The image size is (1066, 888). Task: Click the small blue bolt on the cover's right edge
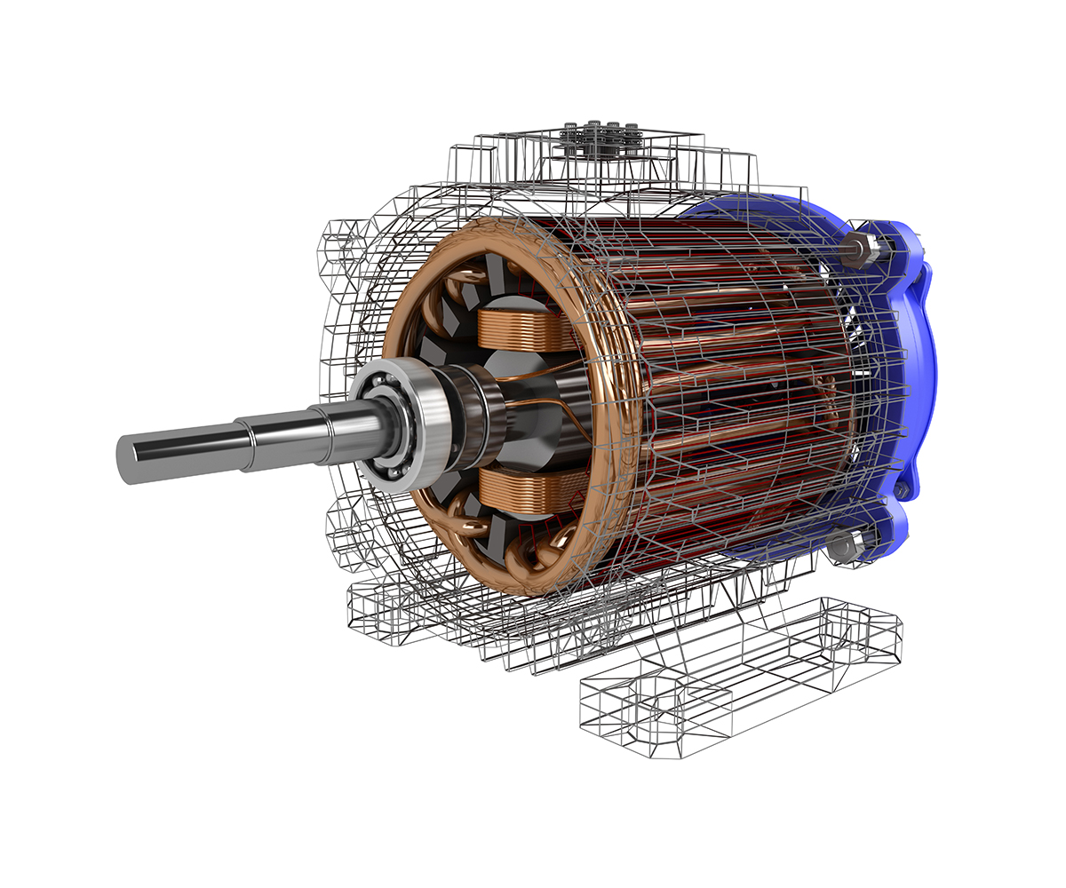pos(903,489)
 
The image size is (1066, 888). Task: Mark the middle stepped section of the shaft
pos(275,433)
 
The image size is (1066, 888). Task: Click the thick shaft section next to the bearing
pos(346,426)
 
